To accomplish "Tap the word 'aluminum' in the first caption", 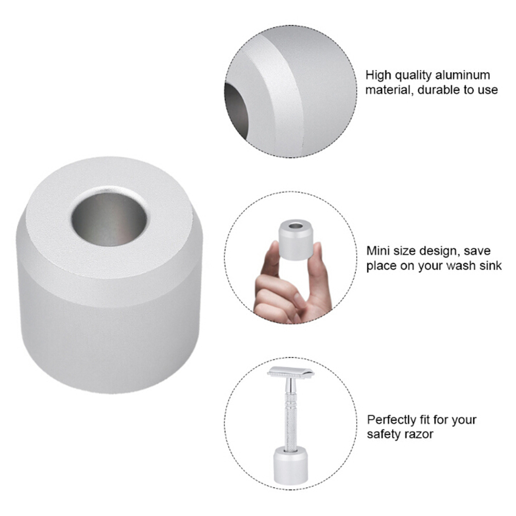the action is pyautogui.click(x=462, y=75).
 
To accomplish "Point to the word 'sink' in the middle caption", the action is pyautogui.click(x=490, y=265).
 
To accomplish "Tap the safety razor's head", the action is pyautogui.click(x=290, y=372).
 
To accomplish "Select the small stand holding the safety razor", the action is pyautogui.click(x=290, y=465).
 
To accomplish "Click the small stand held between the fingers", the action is pyautogui.click(x=295, y=238).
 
